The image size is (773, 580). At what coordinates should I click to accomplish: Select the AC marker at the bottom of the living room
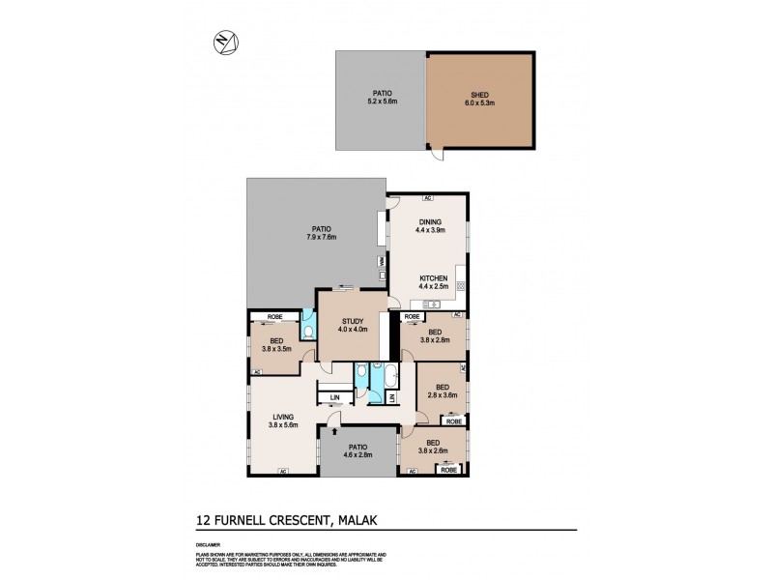[283, 472]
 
